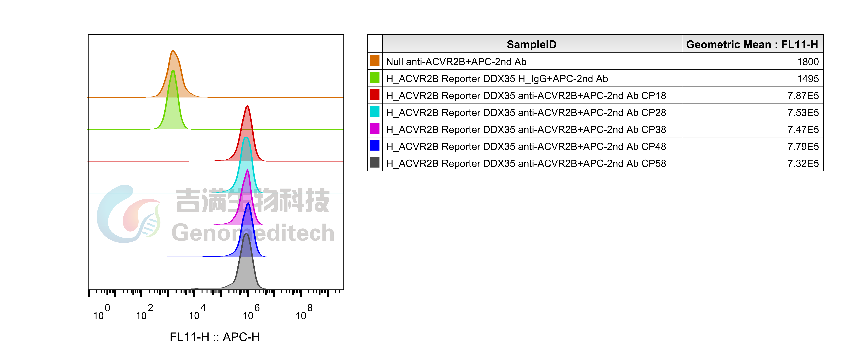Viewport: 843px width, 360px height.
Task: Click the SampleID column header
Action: pos(531,44)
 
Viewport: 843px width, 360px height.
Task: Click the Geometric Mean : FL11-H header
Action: pos(752,44)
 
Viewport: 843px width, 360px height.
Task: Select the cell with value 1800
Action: pos(808,62)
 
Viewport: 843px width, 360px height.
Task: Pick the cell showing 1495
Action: pos(808,79)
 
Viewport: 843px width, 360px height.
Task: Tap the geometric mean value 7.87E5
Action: pos(803,96)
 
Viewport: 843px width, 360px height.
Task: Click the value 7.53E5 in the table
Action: pos(803,113)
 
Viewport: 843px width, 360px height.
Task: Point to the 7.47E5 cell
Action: pos(803,130)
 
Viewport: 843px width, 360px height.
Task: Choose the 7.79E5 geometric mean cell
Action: pos(803,146)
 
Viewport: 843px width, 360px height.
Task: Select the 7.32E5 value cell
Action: pos(803,163)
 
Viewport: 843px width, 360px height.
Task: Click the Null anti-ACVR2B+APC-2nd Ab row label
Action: pos(456,62)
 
